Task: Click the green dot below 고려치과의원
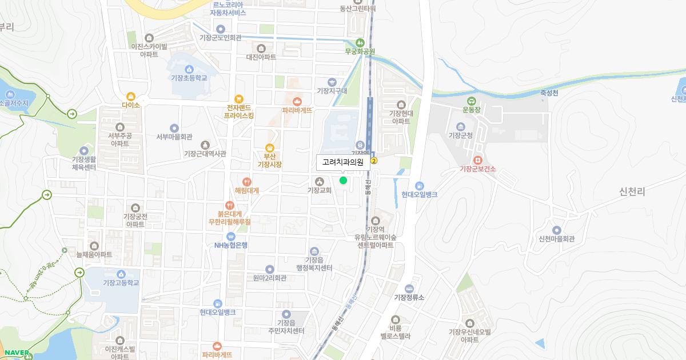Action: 343,181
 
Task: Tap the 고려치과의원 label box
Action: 343,162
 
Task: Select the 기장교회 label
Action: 320,190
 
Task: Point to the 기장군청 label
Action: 460,135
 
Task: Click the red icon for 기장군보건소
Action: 478,159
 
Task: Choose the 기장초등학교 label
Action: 189,78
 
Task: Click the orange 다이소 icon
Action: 131,96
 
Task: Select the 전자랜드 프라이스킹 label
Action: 239,111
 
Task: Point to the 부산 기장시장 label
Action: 270,160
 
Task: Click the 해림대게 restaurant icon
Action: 247,181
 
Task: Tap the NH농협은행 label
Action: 231,245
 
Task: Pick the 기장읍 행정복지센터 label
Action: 314,263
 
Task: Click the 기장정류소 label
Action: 409,297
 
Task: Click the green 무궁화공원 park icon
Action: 360,42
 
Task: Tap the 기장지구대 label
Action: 332,90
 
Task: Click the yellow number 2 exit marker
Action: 374,161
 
